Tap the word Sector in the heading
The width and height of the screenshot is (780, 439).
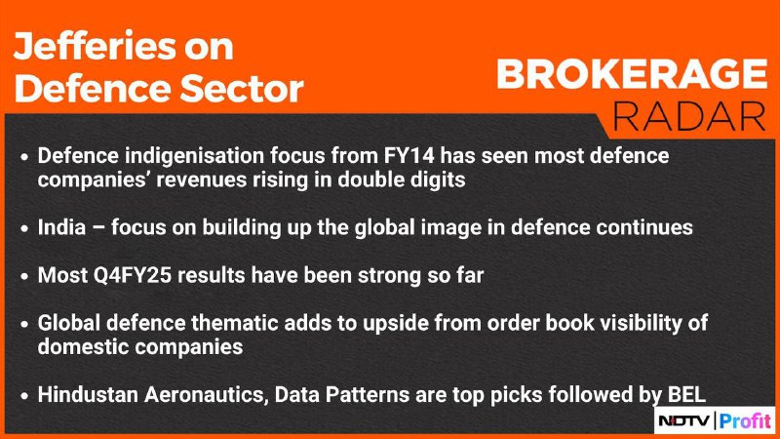coord(242,89)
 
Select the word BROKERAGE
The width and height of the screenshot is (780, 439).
coord(632,74)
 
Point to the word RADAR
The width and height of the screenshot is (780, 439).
coord(689,116)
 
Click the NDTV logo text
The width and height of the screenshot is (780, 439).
coord(684,421)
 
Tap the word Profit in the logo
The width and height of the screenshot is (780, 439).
coord(745,421)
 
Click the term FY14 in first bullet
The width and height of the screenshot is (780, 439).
coord(409,156)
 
